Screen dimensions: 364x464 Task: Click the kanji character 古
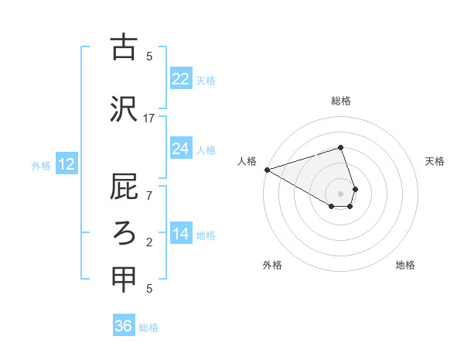point(124,47)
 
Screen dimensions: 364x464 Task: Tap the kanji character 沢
point(124,109)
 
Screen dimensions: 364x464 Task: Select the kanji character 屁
point(124,187)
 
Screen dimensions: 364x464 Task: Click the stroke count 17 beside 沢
point(149,118)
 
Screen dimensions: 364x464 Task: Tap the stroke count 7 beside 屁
point(149,195)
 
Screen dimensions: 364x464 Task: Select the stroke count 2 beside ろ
point(149,242)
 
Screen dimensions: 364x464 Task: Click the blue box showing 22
point(181,79)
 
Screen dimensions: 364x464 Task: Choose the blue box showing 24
point(181,149)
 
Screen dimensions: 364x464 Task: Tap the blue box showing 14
point(181,234)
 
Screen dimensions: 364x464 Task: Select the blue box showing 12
point(66,164)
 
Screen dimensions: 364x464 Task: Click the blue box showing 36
point(124,326)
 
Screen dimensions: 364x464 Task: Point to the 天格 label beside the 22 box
point(206,81)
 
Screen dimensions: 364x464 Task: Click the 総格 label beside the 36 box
point(148,328)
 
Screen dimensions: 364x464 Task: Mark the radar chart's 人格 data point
point(267,170)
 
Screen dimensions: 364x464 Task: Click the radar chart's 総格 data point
point(340,147)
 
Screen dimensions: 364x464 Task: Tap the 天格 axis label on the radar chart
point(435,161)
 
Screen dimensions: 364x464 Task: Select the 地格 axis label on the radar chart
point(405,265)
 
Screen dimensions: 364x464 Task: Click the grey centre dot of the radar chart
point(340,192)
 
